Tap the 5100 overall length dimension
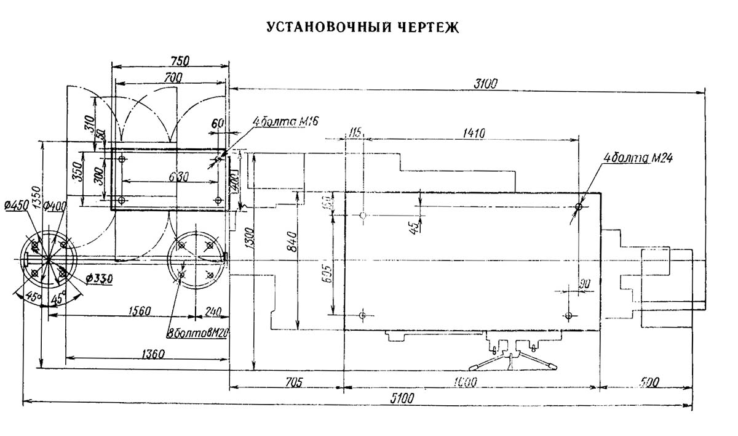(x=403, y=397)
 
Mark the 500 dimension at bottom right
(x=646, y=382)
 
